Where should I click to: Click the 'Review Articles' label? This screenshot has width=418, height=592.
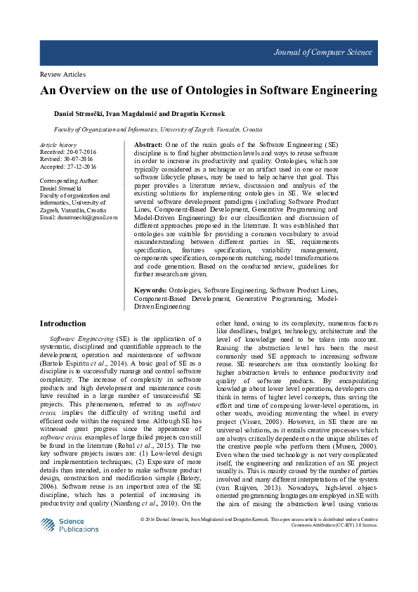tap(63, 74)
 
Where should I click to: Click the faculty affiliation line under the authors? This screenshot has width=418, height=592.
tap(158, 130)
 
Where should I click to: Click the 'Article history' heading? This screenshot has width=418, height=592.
tap(58, 144)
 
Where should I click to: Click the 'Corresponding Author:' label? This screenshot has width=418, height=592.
tap(70, 181)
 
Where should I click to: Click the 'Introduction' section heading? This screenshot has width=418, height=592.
tap(63, 324)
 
